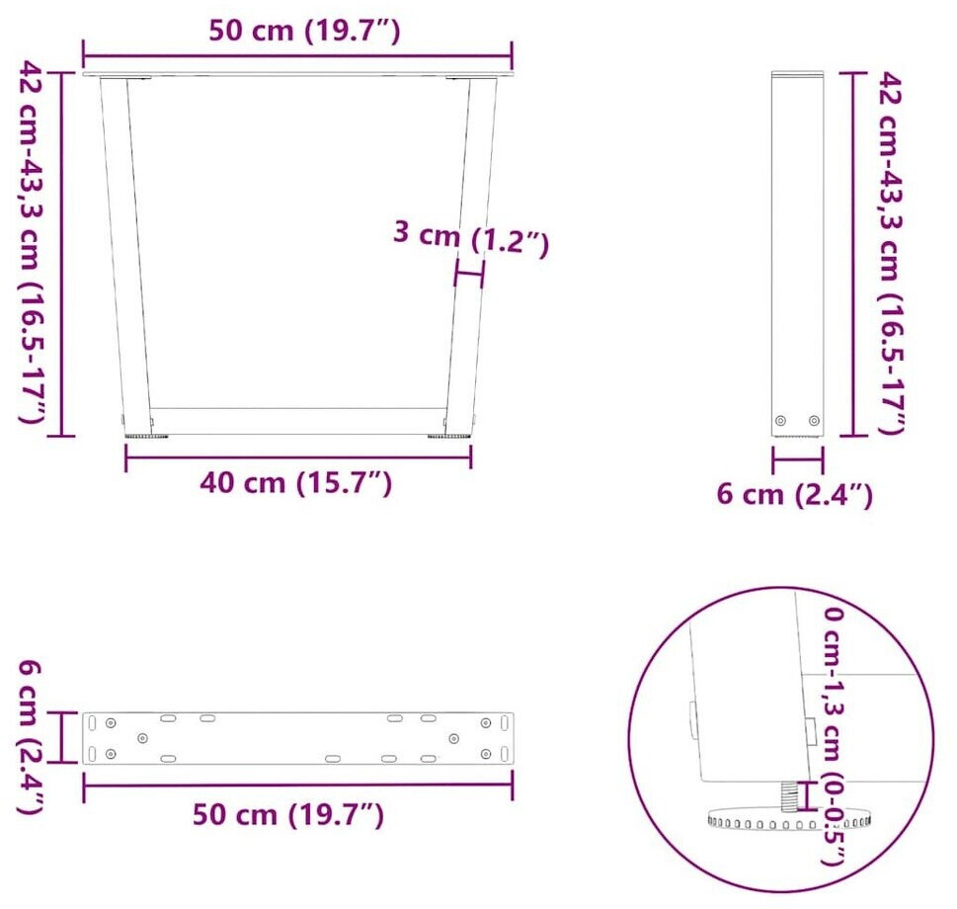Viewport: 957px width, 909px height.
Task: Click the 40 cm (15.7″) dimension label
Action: (x=295, y=483)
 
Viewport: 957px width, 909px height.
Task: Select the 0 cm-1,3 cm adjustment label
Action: (x=834, y=685)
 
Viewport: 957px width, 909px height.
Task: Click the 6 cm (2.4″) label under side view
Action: (x=795, y=494)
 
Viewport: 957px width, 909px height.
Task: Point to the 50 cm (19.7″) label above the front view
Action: (x=304, y=30)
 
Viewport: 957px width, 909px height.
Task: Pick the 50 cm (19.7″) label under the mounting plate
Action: (x=288, y=814)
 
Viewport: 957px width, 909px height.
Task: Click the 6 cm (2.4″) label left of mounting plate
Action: (x=30, y=737)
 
